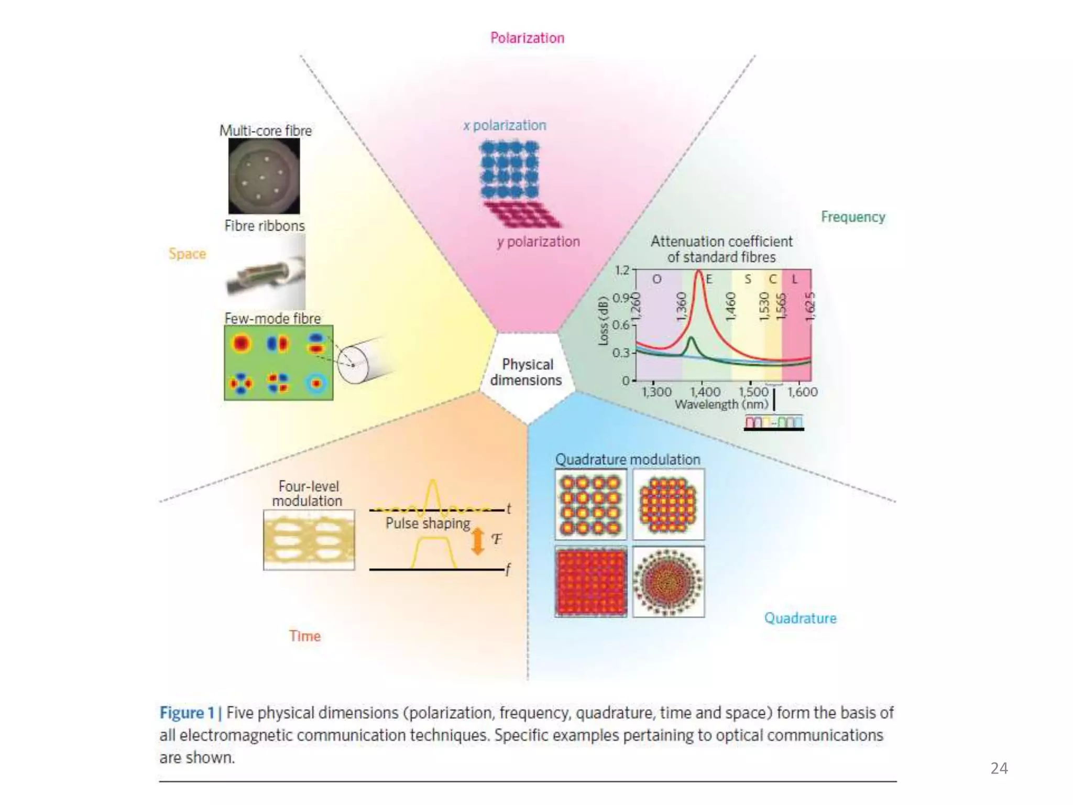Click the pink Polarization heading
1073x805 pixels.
527,38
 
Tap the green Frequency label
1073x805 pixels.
852,216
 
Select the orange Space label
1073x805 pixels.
187,254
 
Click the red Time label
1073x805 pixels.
304,636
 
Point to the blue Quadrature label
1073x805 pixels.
800,618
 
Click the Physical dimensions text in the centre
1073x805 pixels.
527,372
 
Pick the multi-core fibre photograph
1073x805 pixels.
264,176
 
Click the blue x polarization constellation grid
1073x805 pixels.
509,169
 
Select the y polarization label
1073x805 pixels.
539,242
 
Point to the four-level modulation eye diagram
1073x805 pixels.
309,540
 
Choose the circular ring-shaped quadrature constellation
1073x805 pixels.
668,582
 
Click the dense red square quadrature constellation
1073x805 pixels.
591,582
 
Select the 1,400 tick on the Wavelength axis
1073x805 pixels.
705,391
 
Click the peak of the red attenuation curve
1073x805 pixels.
698,272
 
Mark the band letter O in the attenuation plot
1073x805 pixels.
656,279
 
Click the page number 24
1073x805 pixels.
999,768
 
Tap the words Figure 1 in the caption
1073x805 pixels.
187,713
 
